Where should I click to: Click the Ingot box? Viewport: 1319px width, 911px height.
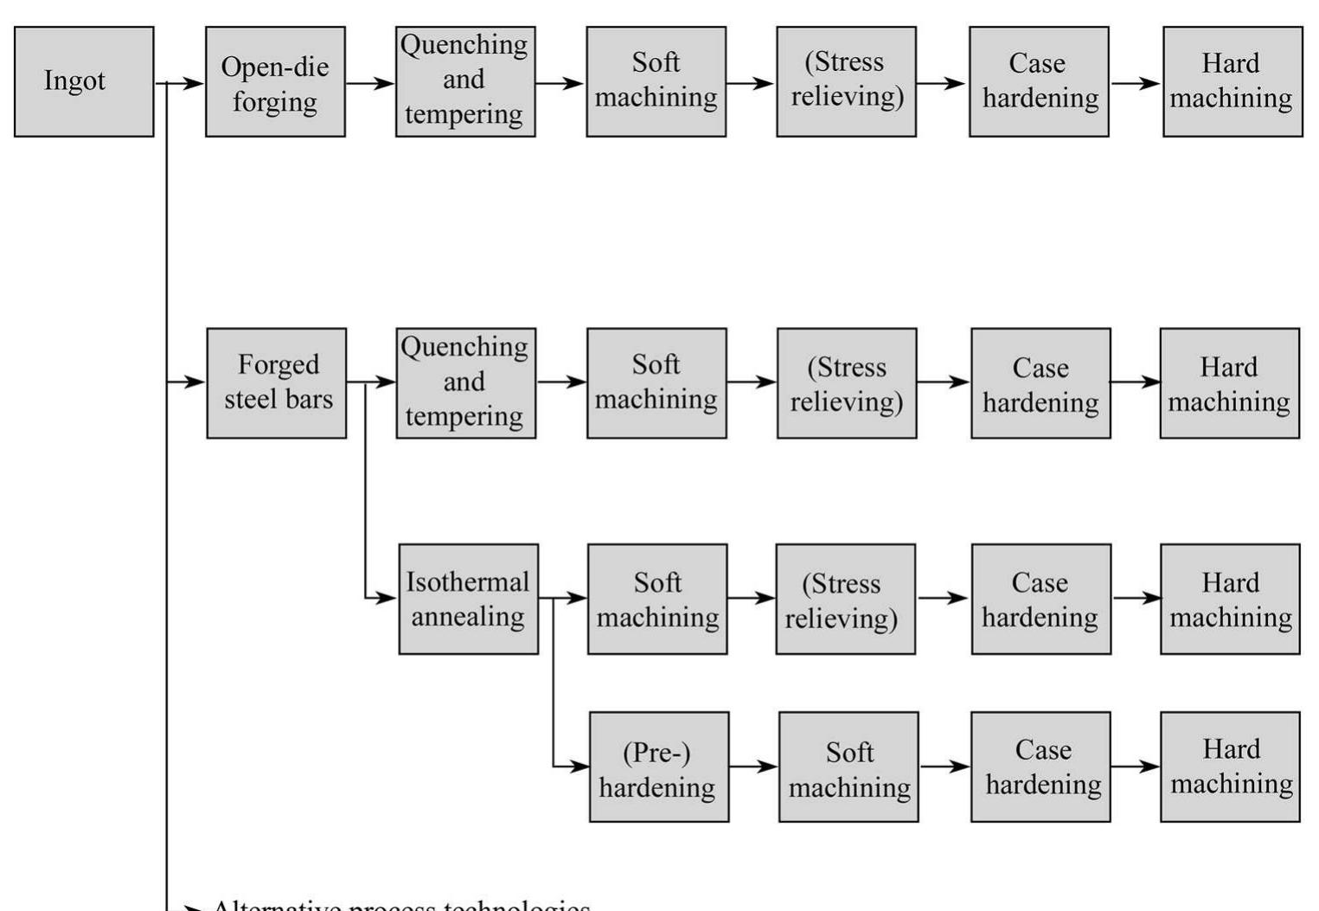pos(84,81)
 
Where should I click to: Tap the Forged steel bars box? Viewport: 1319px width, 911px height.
pos(277,382)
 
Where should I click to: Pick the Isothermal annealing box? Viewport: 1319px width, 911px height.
pos(468,599)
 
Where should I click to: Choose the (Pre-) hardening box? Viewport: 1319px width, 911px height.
pos(659,767)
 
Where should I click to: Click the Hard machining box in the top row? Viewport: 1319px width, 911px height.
pos(1233,81)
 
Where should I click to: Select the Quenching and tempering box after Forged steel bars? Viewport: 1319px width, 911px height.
pos(465,382)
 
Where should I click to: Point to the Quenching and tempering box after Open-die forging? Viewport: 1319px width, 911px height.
pos(465,81)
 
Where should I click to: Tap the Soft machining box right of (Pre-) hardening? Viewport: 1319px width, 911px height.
pos(848,767)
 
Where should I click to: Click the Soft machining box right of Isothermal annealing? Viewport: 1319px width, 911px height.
pos(657,599)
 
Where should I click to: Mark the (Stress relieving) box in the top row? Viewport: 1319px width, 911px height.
pos(846,81)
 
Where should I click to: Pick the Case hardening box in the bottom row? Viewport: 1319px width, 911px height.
pos(1040,767)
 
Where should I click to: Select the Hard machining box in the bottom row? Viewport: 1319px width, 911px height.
pos(1230,767)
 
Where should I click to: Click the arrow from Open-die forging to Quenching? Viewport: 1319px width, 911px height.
pos(370,84)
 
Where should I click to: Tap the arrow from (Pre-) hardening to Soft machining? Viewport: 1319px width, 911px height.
pos(753,767)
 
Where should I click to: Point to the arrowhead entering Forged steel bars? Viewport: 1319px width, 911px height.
pos(197,382)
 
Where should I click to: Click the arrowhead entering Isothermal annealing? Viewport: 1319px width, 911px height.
pos(388,598)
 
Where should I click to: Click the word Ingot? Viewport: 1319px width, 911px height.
pos(74,80)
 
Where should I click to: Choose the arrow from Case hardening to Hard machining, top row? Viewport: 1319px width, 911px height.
pos(1136,84)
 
